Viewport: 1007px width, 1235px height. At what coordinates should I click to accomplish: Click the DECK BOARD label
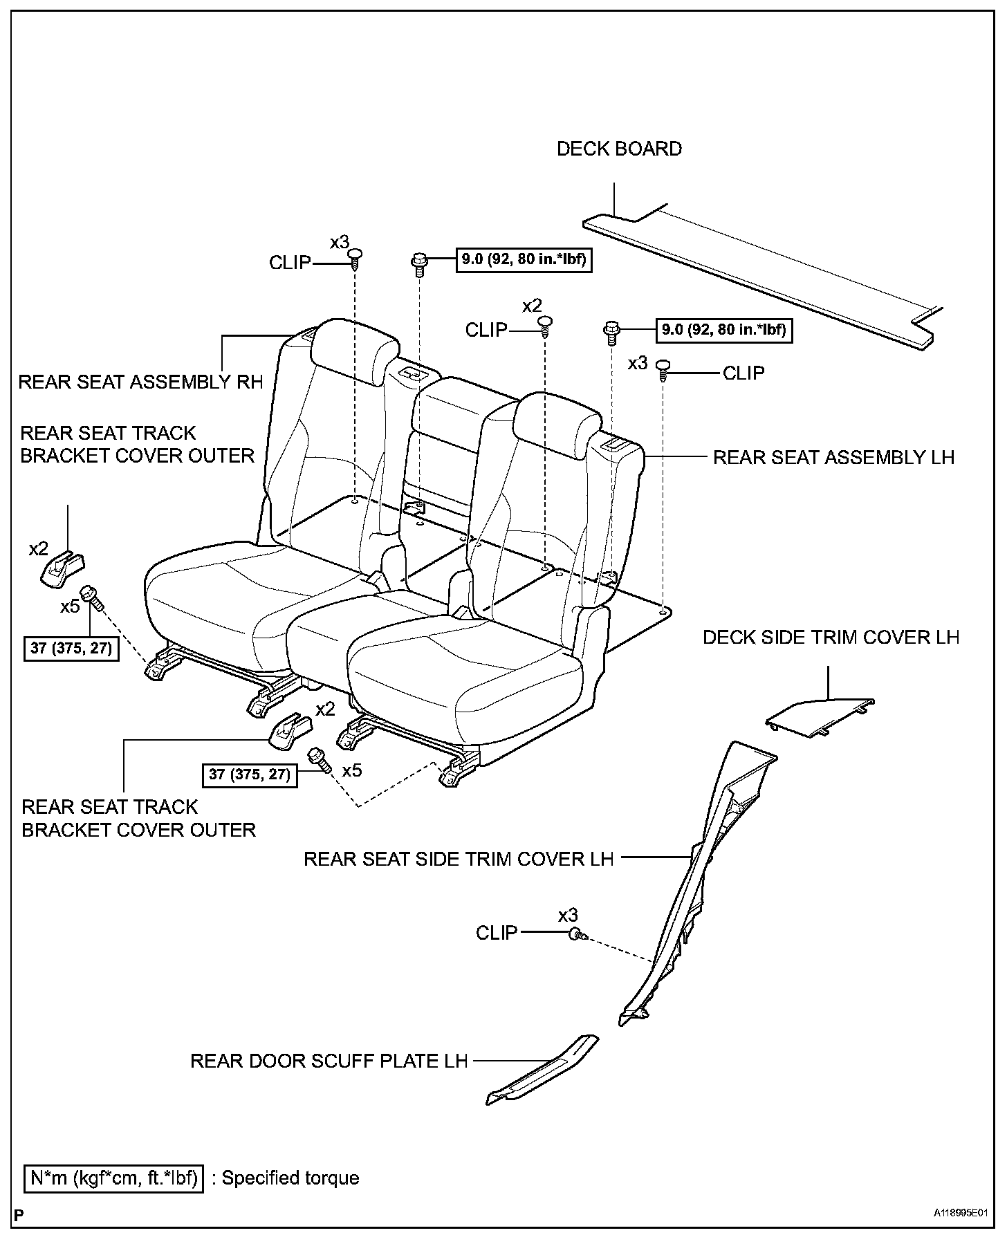pyautogui.click(x=619, y=149)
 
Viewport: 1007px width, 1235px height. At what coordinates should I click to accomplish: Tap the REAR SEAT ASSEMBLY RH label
pyautogui.click(x=140, y=382)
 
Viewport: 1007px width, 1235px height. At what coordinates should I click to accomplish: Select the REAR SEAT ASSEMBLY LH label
pyautogui.click(x=833, y=457)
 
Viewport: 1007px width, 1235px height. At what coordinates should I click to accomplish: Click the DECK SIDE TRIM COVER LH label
pyautogui.click(x=831, y=637)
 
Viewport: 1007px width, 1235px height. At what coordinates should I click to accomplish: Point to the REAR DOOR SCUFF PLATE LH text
pyautogui.click(x=329, y=1060)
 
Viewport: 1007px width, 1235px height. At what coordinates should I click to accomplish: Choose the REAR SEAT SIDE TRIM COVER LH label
pyautogui.click(x=459, y=859)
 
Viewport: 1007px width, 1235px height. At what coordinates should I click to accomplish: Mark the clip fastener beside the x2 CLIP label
pyautogui.click(x=546, y=326)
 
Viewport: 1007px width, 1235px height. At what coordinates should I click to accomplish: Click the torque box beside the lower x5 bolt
pyautogui.click(x=250, y=774)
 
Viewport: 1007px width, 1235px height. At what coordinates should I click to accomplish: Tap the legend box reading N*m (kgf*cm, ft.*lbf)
pyautogui.click(x=114, y=1178)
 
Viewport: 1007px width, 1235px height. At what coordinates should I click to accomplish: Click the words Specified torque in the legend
pyautogui.click(x=290, y=1178)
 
